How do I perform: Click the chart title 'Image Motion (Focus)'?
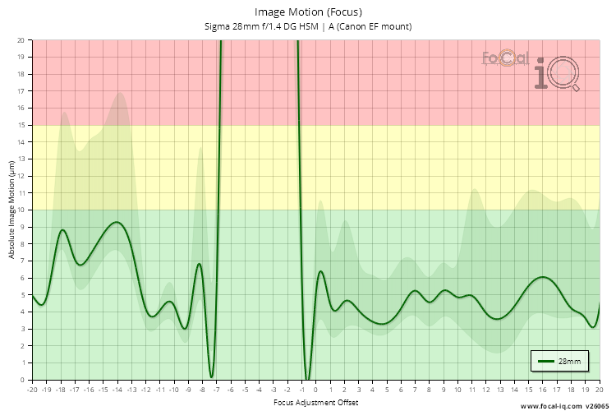tap(308, 12)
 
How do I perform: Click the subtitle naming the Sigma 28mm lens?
tap(308, 26)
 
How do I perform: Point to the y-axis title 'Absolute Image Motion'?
tap(11, 210)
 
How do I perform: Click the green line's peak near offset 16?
tap(543, 277)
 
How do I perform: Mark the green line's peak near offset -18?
tap(62, 230)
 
